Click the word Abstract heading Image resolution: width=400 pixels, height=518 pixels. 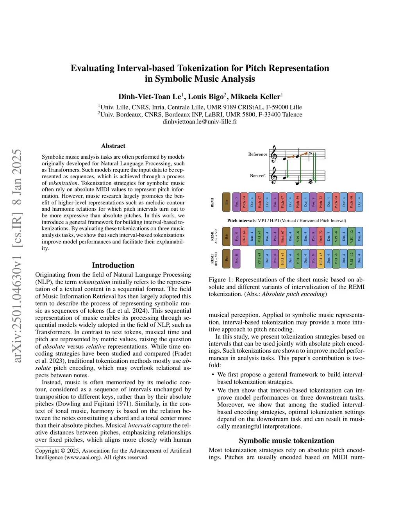click(113, 146)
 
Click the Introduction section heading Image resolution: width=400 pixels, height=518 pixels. click(113, 265)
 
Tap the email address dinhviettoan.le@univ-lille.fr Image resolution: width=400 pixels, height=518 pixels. click(200, 122)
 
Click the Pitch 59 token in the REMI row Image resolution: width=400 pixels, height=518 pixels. click(298, 202)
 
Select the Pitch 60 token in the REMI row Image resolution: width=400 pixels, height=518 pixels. click(351, 202)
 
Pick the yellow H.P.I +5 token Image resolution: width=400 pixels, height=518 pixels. click(321, 259)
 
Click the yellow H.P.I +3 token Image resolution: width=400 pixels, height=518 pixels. click(282, 259)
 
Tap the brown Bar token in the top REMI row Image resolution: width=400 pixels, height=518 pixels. click(226, 202)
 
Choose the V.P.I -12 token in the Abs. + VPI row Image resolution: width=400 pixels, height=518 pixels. click(351, 237)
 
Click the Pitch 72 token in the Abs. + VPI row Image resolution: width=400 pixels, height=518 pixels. click(321, 237)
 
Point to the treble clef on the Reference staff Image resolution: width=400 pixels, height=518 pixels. click(274, 154)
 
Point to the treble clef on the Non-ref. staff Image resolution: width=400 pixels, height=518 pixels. click(274, 176)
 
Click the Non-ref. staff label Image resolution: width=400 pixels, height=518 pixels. click(257, 176)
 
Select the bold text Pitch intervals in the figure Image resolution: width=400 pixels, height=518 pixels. click(242, 220)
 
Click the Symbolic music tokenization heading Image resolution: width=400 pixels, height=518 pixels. click(286, 441)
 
